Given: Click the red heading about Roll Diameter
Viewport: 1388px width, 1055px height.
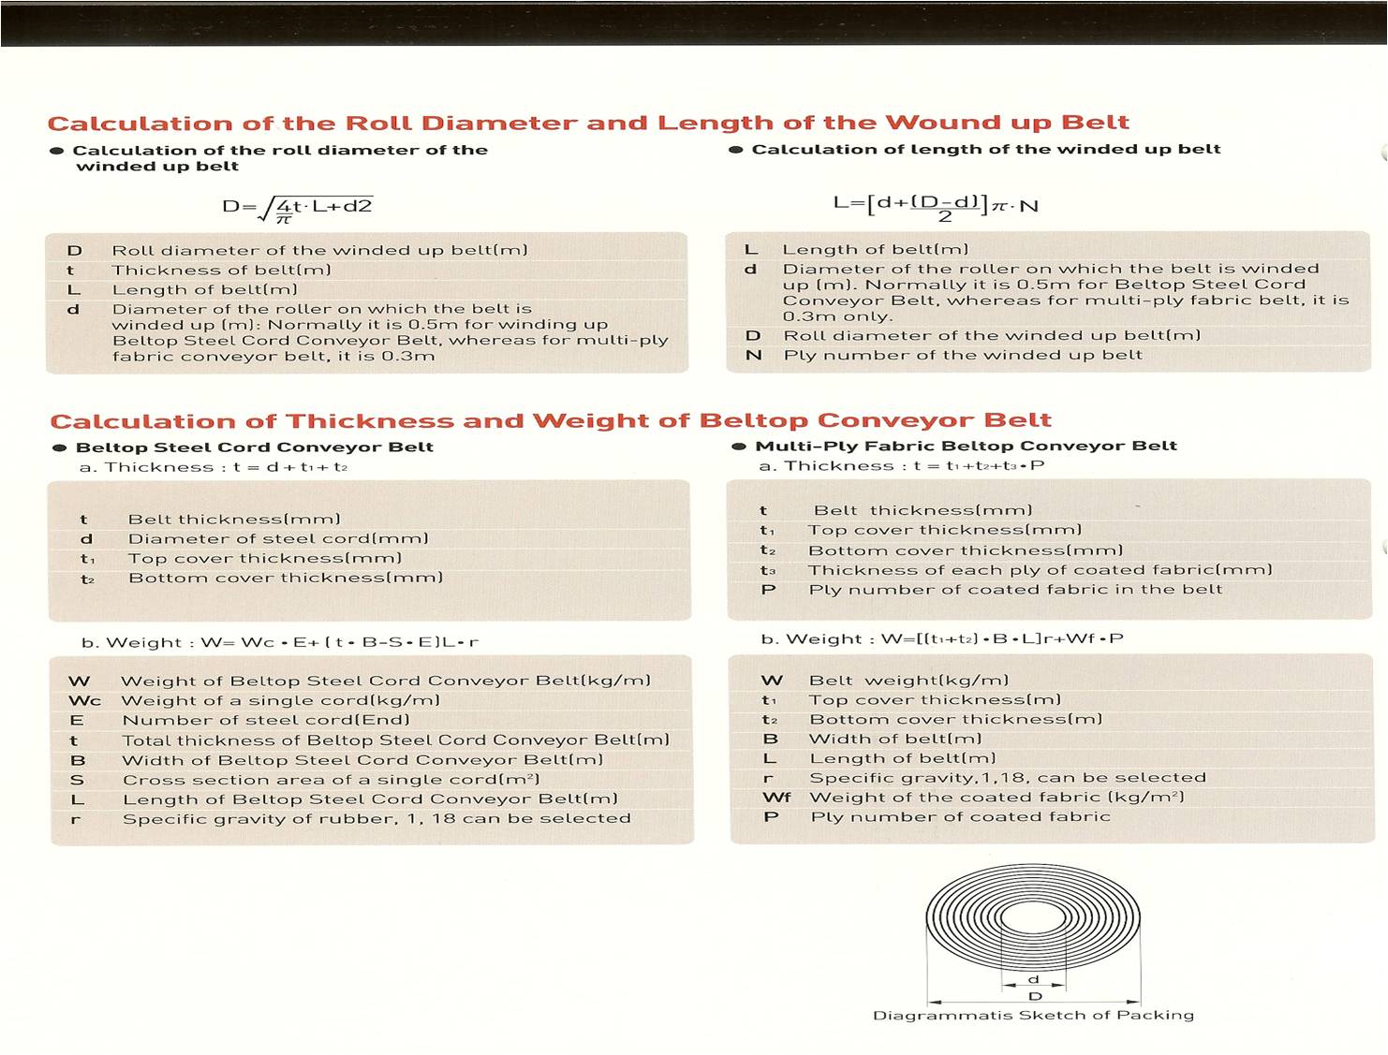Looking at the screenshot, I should pyautogui.click(x=588, y=124).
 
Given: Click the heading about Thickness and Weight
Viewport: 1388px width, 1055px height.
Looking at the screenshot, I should pyautogui.click(x=551, y=421).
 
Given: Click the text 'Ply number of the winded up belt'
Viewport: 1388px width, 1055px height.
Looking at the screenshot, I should pyautogui.click(x=963, y=355).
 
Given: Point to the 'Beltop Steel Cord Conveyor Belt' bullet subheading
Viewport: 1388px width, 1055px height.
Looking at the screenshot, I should pyautogui.click(x=254, y=447).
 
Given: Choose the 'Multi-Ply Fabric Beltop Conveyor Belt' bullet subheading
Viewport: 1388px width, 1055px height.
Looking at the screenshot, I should pyautogui.click(x=966, y=447).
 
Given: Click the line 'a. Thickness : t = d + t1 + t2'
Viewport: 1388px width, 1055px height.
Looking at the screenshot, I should pyautogui.click(x=214, y=467).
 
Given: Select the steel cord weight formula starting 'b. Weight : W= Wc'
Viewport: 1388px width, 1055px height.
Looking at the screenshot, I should pyautogui.click(x=280, y=642).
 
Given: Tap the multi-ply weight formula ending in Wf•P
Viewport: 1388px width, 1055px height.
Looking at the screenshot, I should pyautogui.click(x=942, y=639).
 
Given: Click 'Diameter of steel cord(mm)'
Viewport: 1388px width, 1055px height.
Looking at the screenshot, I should pyautogui.click(x=278, y=539).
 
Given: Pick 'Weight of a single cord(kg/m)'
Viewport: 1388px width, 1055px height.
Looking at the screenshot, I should pyautogui.click(x=280, y=700).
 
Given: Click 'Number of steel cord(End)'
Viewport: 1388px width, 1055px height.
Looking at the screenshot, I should pyautogui.click(x=266, y=720).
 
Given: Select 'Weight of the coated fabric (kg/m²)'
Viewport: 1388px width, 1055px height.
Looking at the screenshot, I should pyautogui.click(x=997, y=798).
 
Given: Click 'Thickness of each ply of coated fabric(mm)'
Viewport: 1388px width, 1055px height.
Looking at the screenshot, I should pyautogui.click(x=1040, y=570).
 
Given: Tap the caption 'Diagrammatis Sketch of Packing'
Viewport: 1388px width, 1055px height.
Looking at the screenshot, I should pyautogui.click(x=1033, y=1016).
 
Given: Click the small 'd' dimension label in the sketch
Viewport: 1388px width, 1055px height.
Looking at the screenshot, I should pyautogui.click(x=1033, y=979).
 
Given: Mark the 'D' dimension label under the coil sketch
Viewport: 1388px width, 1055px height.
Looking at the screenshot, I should pyautogui.click(x=1035, y=997).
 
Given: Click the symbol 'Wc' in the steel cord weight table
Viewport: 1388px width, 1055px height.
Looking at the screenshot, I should pyautogui.click(x=84, y=701).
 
